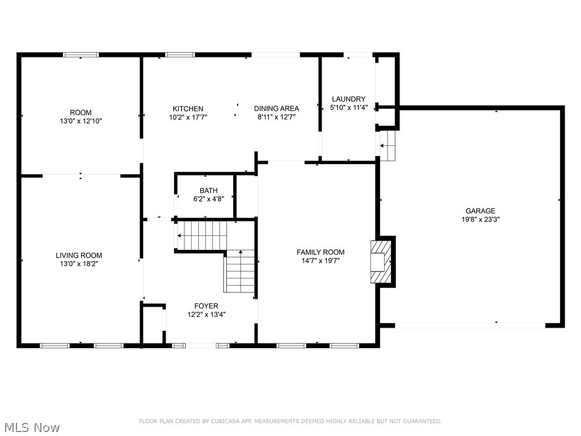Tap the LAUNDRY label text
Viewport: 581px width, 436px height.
coord(348,99)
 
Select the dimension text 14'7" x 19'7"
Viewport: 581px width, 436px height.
coord(321,261)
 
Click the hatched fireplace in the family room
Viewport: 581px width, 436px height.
coord(380,261)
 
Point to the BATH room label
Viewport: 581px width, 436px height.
coord(208,191)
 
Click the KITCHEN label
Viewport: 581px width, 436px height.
coord(188,108)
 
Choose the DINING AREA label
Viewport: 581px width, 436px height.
coord(276,108)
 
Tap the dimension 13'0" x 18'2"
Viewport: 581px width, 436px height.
coord(79,264)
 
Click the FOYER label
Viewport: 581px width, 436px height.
coord(206,306)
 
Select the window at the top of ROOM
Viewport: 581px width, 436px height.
coord(81,55)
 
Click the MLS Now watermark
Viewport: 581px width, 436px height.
coord(31,427)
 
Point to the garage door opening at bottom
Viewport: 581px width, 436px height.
coord(470,325)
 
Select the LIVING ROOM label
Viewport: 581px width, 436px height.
coord(79,255)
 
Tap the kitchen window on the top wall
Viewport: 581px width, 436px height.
coord(180,55)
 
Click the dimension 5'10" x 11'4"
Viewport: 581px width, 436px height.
coord(348,107)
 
